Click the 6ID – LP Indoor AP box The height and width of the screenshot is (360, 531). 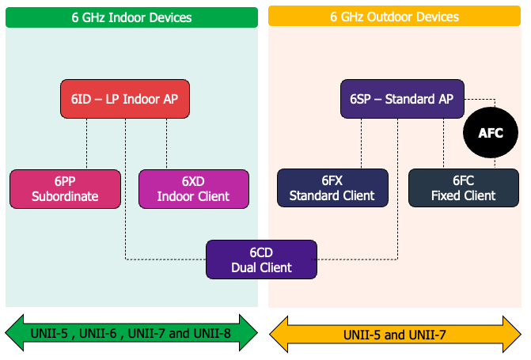click(125, 100)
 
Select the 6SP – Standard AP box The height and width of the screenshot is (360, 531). click(401, 100)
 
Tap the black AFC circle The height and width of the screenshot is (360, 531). click(490, 134)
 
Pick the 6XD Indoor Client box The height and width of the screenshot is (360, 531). click(194, 188)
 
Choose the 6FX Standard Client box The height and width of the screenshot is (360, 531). click(332, 188)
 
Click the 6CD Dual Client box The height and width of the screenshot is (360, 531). click(261, 260)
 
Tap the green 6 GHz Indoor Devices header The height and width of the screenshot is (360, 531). click(131, 17)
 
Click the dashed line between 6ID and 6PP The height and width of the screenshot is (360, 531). click(86, 144)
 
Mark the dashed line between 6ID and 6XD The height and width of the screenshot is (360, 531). click(166, 144)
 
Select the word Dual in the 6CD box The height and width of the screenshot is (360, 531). click(245, 267)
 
